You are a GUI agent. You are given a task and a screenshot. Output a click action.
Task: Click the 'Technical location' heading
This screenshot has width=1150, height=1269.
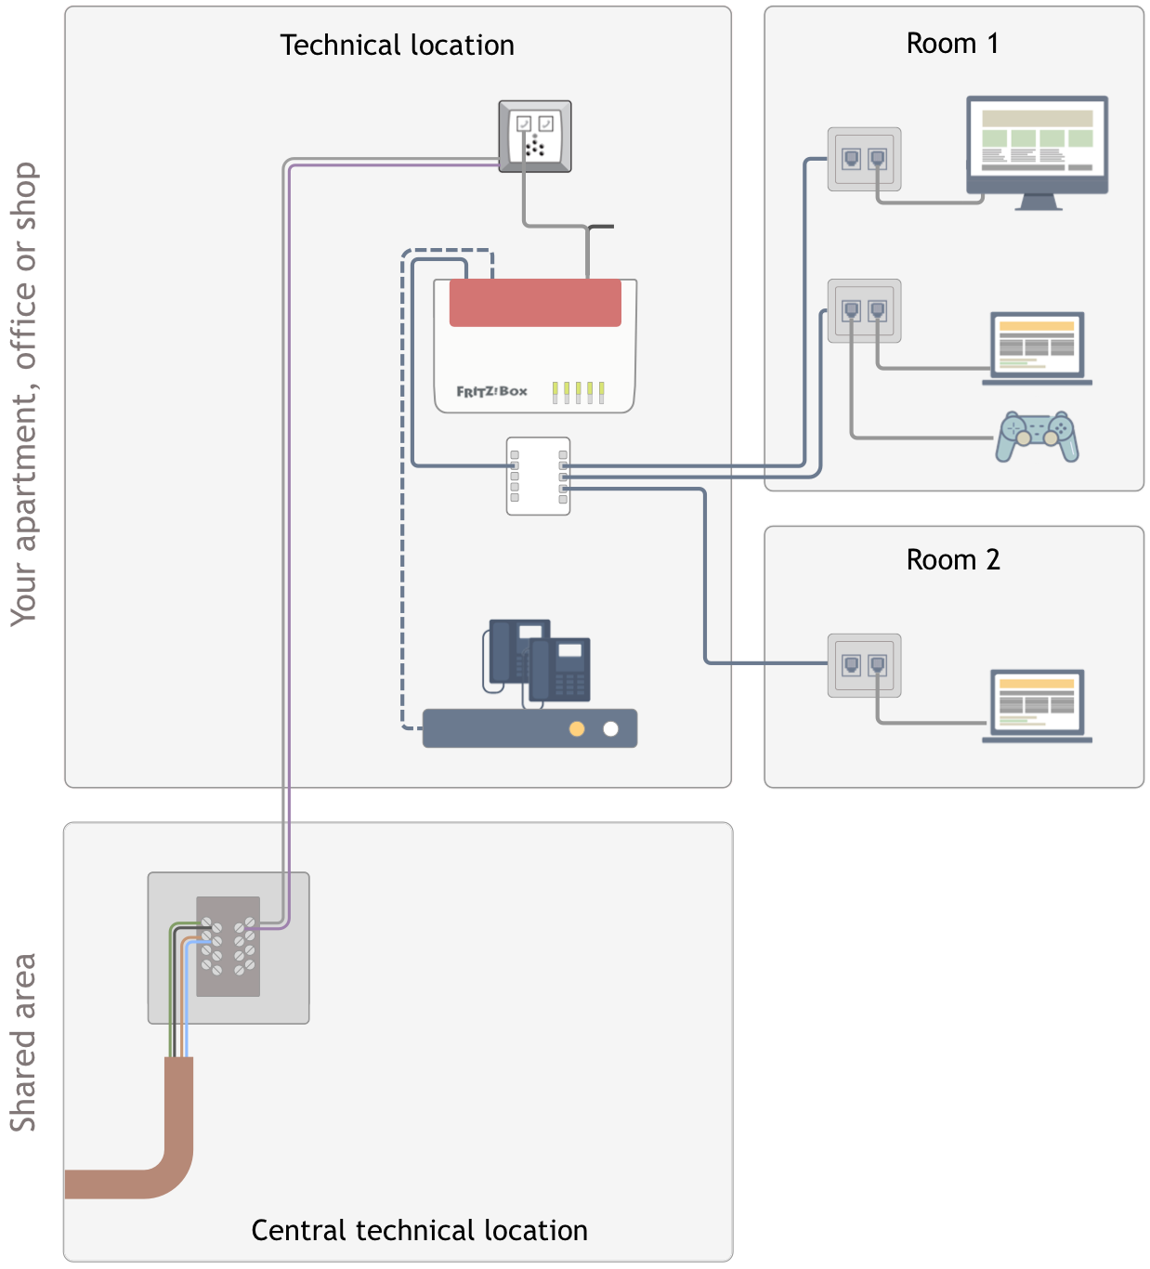[x=397, y=46]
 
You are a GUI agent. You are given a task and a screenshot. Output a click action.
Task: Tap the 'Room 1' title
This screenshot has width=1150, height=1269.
[x=952, y=44]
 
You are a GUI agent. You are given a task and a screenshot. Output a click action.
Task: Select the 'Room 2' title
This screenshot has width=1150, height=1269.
[x=952, y=560]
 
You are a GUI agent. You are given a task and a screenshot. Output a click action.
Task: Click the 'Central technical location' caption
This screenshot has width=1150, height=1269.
[x=419, y=1230]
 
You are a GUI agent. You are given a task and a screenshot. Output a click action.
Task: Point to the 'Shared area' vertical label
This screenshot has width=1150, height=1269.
[x=23, y=1041]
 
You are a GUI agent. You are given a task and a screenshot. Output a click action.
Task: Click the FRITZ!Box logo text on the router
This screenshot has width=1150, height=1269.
[x=491, y=391]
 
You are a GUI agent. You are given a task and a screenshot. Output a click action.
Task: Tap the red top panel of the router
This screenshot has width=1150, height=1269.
[x=535, y=303]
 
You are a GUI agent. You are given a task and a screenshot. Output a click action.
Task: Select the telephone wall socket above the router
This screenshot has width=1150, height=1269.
[x=535, y=137]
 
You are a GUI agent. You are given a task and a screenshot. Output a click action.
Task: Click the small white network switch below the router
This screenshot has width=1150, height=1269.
[x=538, y=476]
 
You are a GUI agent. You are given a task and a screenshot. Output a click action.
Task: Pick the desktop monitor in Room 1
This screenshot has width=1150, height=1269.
[x=1037, y=149]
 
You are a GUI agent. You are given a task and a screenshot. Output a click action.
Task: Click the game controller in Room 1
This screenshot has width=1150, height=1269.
[x=1037, y=436]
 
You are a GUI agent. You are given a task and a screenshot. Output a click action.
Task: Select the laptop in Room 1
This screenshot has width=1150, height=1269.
[x=1037, y=348]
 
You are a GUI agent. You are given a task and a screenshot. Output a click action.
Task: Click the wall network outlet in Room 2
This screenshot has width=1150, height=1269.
[x=864, y=665]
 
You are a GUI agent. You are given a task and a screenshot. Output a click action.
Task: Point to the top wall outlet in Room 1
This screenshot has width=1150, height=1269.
[x=864, y=159]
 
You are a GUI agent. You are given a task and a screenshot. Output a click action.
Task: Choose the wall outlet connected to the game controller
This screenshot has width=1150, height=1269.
[x=864, y=310]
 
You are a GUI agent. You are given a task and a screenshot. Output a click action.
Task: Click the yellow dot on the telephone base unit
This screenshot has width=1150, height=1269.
[x=577, y=729]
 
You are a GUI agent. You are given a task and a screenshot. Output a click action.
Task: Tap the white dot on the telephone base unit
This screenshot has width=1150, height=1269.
[x=610, y=729]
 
